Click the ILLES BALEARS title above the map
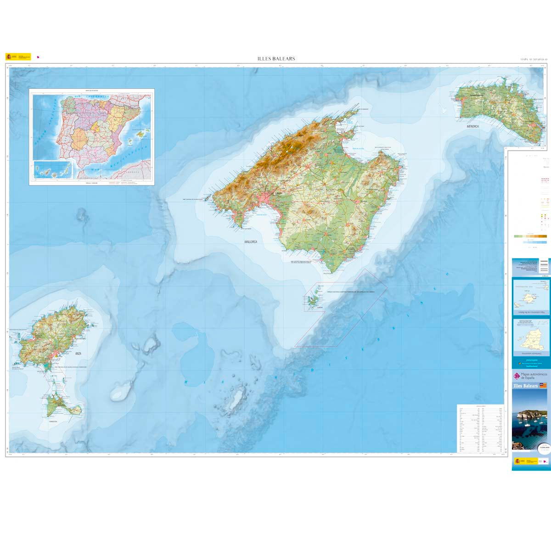[x=276, y=59]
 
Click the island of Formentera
[x=62, y=406]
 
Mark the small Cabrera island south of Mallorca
[x=314, y=301]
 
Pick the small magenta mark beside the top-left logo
[x=38, y=57]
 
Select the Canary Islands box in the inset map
[x=53, y=170]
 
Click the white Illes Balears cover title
[x=526, y=386]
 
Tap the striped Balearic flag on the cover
[x=543, y=386]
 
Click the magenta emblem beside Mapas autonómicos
[x=517, y=376]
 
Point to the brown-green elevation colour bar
[x=530, y=236]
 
